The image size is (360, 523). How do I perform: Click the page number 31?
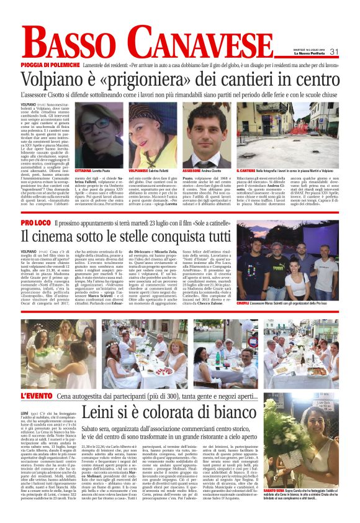tap(334, 52)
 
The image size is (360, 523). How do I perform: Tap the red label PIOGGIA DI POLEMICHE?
tap(50, 65)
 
